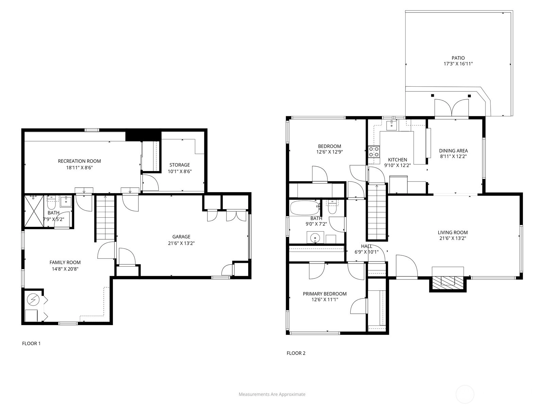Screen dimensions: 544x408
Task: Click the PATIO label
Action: [458, 58]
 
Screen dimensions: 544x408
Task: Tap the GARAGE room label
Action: [181, 237]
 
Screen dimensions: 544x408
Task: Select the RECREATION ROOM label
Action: [79, 161]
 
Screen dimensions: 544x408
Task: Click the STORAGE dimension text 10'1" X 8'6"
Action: [180, 171]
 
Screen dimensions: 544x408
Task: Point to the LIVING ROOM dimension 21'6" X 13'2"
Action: [453, 238]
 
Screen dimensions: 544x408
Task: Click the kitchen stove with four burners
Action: [374, 152]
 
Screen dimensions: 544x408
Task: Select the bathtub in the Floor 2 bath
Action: [305, 208]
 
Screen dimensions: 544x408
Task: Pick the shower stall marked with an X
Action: [34, 211]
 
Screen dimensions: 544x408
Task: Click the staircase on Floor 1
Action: [105, 218]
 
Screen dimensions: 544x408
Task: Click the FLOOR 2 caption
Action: [296, 353]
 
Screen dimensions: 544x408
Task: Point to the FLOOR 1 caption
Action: [31, 343]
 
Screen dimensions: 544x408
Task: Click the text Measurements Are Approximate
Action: [272, 394]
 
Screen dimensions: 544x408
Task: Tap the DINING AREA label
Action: [453, 151]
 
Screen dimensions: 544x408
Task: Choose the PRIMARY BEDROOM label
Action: [325, 294]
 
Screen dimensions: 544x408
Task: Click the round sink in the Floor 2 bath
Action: [315, 238]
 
